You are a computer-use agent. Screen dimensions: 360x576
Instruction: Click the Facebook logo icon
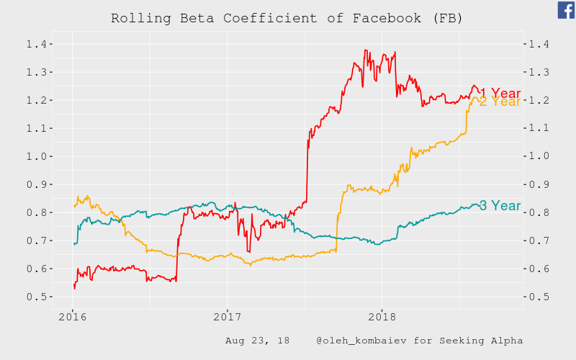point(566,9)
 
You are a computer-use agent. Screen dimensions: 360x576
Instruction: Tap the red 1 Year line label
point(505,94)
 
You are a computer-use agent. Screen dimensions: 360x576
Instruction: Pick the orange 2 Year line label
point(500,102)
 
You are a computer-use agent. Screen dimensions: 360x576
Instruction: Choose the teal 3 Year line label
point(500,206)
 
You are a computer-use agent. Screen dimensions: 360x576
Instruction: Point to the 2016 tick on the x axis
point(73,317)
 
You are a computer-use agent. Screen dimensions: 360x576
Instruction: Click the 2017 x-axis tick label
point(227,317)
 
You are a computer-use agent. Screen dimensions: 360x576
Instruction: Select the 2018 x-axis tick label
point(382,317)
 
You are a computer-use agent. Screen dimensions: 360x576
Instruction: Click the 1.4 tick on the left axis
point(36,45)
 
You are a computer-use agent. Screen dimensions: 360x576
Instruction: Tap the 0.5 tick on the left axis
point(36,297)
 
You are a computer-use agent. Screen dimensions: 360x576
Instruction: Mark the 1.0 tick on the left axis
point(36,156)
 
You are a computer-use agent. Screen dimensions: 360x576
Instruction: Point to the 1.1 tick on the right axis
point(539,128)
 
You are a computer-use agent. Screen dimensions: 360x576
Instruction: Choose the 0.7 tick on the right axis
point(539,240)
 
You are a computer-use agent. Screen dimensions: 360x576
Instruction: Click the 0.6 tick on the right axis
point(539,269)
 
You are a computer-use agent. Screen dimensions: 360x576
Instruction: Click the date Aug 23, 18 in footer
point(257,341)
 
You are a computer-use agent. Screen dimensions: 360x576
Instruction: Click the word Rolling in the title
point(137,18)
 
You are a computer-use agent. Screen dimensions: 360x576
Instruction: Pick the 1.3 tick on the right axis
point(539,73)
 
